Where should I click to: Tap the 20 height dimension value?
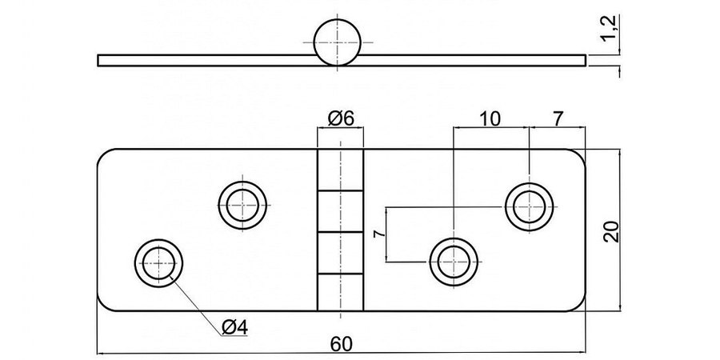pyautogui.click(x=610, y=230)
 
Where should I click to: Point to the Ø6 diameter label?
pyautogui.click(x=341, y=119)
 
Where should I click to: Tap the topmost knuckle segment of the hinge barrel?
pyautogui.click(x=339, y=170)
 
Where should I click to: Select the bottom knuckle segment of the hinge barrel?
pyautogui.click(x=339, y=292)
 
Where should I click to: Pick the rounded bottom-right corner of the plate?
pyautogui.click(x=578, y=304)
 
